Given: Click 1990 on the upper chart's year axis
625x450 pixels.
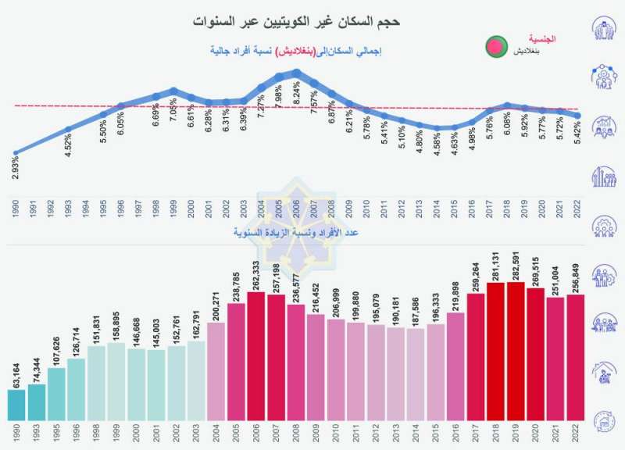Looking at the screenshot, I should point(16,209).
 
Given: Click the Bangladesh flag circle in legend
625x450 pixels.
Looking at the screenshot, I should point(494,48).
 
